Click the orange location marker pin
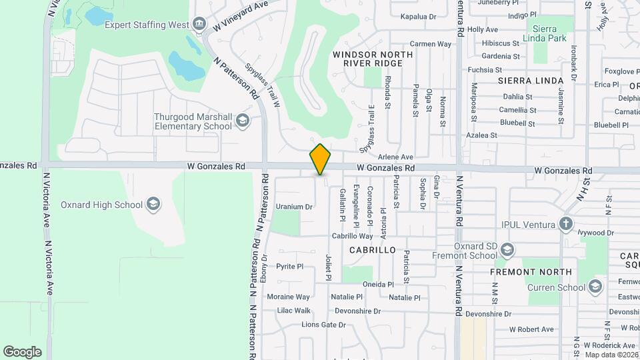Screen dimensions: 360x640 click(x=321, y=159)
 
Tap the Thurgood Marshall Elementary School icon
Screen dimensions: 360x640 click(x=241, y=121)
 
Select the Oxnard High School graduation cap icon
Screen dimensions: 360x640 click(x=153, y=204)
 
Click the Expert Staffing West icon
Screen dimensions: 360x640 click(x=199, y=25)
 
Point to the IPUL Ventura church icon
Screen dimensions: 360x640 click(x=566, y=223)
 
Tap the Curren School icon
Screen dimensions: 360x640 click(x=595, y=287)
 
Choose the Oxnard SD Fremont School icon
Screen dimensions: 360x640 click(x=507, y=251)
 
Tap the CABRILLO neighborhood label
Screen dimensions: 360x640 click(x=373, y=250)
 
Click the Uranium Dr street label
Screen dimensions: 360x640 click(x=294, y=207)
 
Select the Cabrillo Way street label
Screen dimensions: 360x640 click(x=353, y=236)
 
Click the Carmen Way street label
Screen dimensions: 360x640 click(x=431, y=44)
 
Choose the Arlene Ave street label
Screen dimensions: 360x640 click(x=396, y=156)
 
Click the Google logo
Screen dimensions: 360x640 click(x=22, y=351)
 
